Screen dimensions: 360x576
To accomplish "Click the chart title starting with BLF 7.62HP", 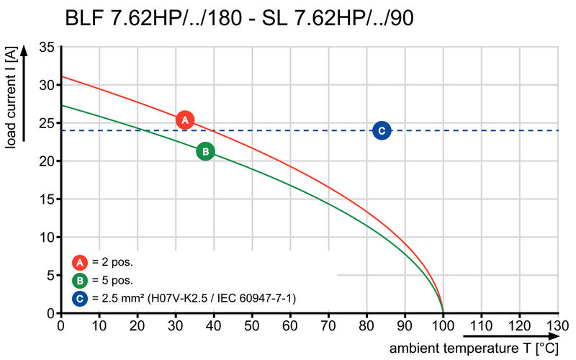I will [x=240, y=17].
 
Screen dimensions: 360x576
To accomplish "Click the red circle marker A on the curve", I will [x=185, y=120].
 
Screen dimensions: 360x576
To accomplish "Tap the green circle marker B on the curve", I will [x=205, y=151].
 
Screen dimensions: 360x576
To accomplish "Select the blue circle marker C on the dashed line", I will [x=382, y=130].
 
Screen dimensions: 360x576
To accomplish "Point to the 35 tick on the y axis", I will [x=47, y=47].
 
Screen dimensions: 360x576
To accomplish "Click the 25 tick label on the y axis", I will [x=47, y=123].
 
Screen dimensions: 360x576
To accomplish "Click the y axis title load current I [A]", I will [x=11, y=99].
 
